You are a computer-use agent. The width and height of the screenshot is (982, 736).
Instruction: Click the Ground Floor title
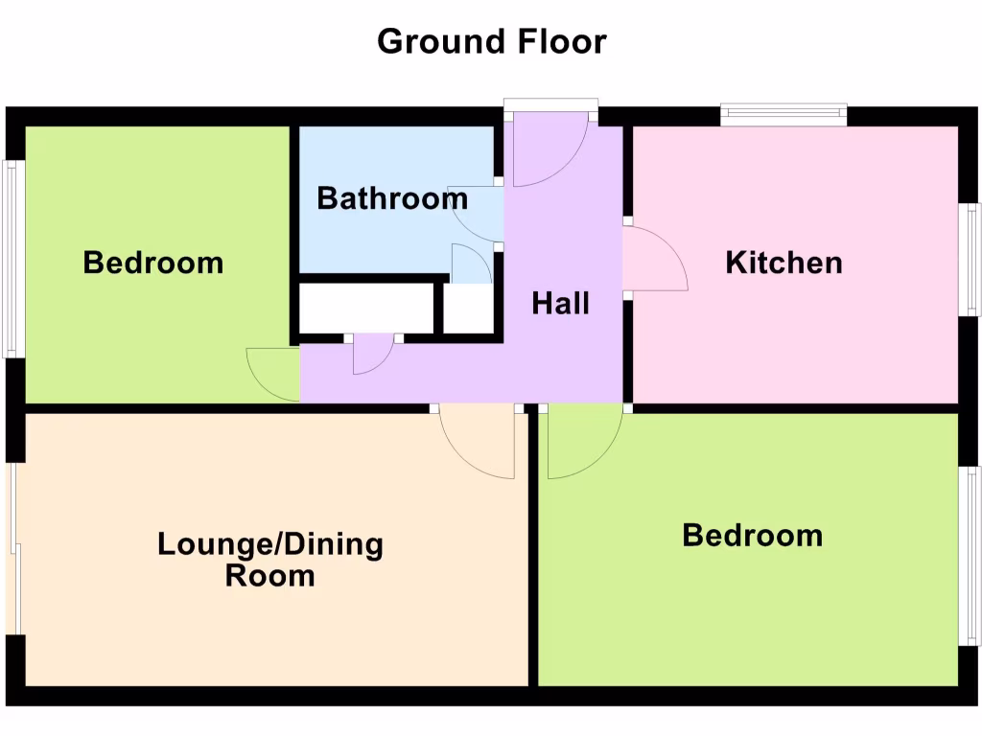(x=491, y=41)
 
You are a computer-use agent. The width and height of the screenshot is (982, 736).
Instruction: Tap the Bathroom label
(x=392, y=198)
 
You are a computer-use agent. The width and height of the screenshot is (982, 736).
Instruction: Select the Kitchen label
(x=783, y=262)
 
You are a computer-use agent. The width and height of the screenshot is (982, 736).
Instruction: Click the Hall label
(x=561, y=304)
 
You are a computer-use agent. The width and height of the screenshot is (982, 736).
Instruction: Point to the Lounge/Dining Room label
(x=270, y=560)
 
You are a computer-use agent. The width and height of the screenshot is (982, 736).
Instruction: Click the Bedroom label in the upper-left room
(x=153, y=262)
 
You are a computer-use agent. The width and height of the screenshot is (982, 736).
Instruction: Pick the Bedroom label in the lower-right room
(x=752, y=535)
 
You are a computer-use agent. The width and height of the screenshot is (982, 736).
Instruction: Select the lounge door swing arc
(x=479, y=443)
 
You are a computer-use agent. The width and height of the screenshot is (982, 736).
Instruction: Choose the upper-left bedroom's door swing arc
(x=272, y=374)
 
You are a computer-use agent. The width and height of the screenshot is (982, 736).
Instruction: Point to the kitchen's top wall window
(x=783, y=115)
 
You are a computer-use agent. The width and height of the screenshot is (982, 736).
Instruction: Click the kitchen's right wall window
(x=973, y=259)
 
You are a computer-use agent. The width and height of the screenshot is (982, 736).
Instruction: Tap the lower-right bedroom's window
(x=971, y=556)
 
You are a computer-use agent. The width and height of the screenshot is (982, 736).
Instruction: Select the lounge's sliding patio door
(x=13, y=550)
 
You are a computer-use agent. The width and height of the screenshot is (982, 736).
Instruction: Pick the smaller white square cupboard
(x=469, y=309)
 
